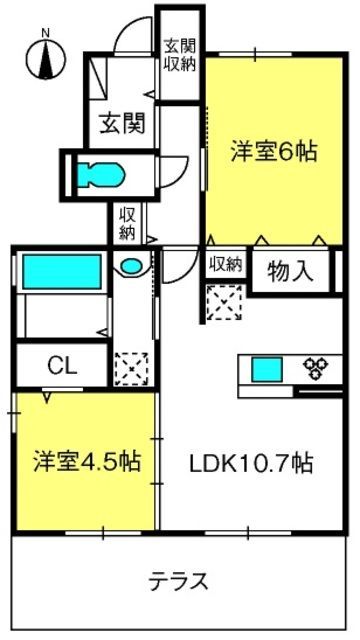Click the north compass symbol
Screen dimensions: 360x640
pyautogui.click(x=46, y=58)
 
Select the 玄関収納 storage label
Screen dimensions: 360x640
pyautogui.click(x=180, y=55)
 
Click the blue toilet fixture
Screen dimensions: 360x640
pyautogui.click(x=101, y=175)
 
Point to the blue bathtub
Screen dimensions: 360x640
pyautogui.click(x=62, y=271)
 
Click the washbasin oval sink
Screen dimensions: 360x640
pyautogui.click(x=131, y=267)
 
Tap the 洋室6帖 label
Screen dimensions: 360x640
pyautogui.click(x=273, y=151)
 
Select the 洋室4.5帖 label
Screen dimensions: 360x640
pyautogui.click(x=87, y=461)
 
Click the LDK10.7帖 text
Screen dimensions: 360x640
pyautogui.click(x=251, y=464)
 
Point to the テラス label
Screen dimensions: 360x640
pyautogui.click(x=178, y=581)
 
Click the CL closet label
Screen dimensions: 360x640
pyautogui.click(x=62, y=365)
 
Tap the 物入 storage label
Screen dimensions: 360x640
pyautogui.click(x=291, y=271)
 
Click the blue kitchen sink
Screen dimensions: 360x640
pyautogui.click(x=267, y=369)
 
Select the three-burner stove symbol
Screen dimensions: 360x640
pyautogui.click(x=317, y=368)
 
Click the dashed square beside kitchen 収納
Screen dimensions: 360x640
pyautogui.click(x=224, y=302)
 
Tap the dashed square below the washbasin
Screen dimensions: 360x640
pyautogui.click(x=131, y=369)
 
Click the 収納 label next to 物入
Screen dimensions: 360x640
pyautogui.click(x=226, y=264)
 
